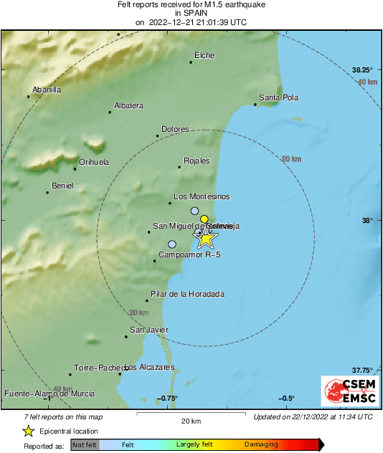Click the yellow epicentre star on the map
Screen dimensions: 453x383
coord(205,239)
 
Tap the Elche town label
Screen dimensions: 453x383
coord(204,56)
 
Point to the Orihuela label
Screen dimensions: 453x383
coord(93,162)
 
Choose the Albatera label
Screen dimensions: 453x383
coord(128,105)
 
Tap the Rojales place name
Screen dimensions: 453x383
coord(197,161)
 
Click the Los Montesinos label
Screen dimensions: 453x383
coord(202,196)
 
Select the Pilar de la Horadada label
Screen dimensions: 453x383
coord(187,294)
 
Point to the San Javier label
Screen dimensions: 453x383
coord(148,330)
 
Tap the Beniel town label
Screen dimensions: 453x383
coord(62,186)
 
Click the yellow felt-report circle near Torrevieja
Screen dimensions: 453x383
coord(204,219)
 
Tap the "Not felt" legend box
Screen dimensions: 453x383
coord(84,444)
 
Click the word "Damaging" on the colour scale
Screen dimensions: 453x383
coord(261,444)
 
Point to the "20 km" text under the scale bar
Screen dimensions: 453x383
coord(191,420)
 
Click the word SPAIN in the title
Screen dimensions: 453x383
coord(191,14)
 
